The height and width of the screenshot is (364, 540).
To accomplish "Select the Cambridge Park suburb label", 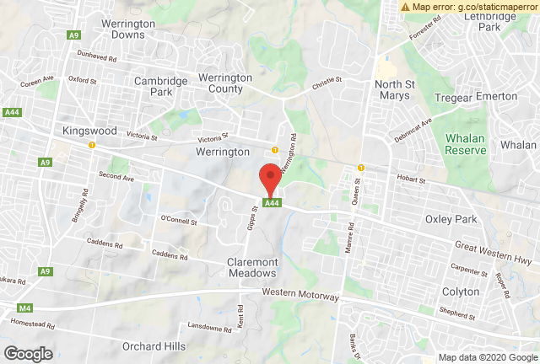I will [159, 87].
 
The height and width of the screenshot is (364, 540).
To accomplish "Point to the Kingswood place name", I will [88, 131].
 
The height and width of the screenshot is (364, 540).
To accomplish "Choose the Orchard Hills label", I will [154, 345].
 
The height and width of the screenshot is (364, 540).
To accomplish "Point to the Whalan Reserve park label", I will [466, 144].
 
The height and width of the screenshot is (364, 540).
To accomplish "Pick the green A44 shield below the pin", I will [271, 203].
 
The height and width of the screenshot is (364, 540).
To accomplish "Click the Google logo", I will [28, 354].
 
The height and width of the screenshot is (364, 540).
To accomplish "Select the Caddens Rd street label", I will [169, 254].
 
